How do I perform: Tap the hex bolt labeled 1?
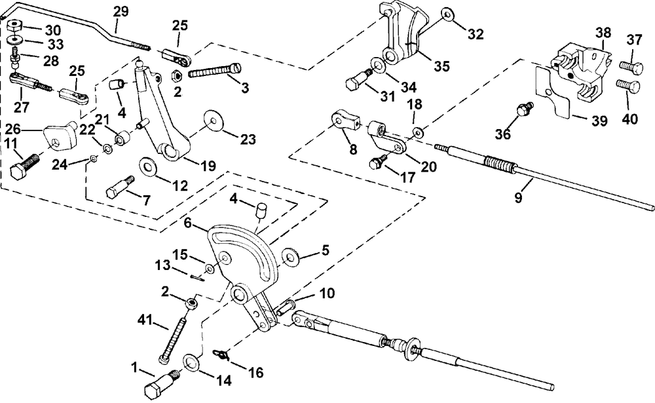click(162, 383)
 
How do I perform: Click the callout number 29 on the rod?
click(122, 12)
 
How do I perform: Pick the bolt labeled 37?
click(630, 66)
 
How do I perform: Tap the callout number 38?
click(603, 32)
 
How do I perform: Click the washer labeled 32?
click(447, 14)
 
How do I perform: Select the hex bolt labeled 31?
click(359, 80)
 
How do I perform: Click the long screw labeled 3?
click(215, 70)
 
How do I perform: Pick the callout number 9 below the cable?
click(518, 197)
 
